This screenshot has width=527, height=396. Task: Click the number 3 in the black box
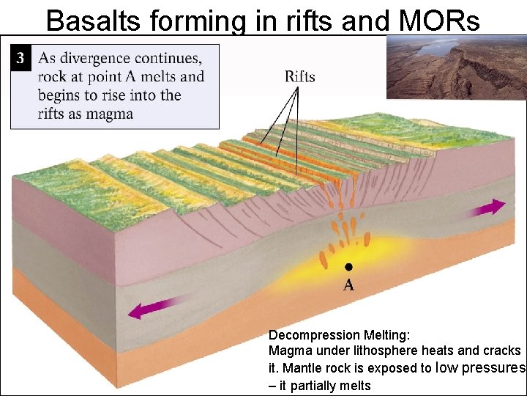[x=21, y=58]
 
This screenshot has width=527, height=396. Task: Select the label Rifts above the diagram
[x=299, y=76]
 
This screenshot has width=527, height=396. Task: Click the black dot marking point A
[x=349, y=266]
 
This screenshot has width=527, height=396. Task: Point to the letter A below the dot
[x=349, y=285]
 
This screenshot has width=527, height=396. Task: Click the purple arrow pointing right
[x=488, y=208]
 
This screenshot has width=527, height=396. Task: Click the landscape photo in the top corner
[x=455, y=67]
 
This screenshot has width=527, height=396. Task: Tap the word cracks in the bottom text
[x=502, y=351]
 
